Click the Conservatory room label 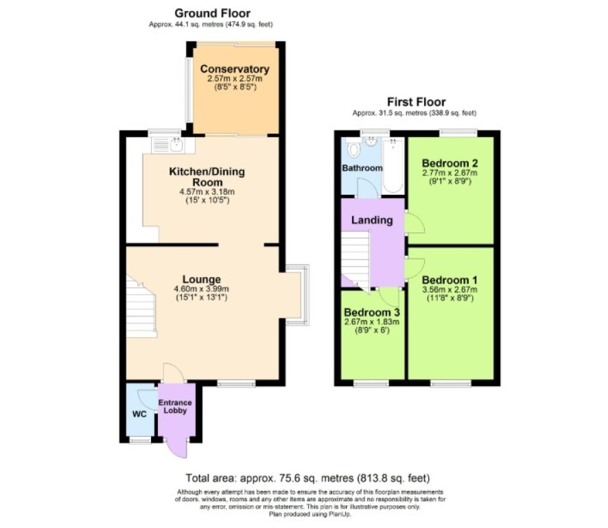[x=235, y=69]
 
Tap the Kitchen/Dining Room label [x=207, y=177]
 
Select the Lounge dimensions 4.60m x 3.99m [x=202, y=289]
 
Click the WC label [x=139, y=414]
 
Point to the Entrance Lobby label [x=175, y=407]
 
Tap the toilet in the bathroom [x=353, y=148]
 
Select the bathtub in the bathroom [x=393, y=165]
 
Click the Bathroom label [x=362, y=168]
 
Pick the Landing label [x=372, y=220]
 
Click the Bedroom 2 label [x=449, y=163]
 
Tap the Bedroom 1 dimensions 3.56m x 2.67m [x=449, y=290]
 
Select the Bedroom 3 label [x=372, y=312]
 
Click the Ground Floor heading [x=213, y=13]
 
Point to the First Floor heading [x=417, y=102]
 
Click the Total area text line [x=308, y=478]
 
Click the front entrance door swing [x=177, y=448]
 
